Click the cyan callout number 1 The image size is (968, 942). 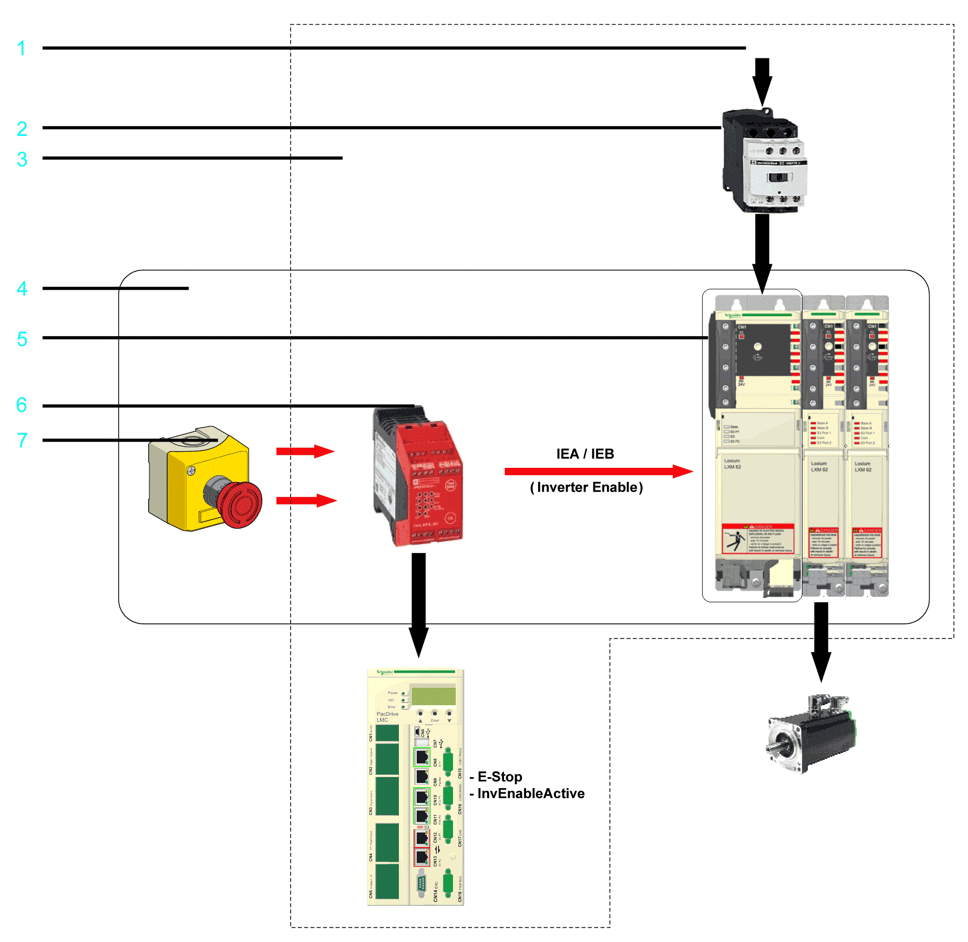coord(21,48)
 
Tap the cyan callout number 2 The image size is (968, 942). coord(22,129)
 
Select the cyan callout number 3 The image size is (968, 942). coord(22,159)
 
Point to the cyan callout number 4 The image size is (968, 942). coord(22,288)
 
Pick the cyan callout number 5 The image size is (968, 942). coord(22,339)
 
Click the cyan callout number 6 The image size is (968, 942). coord(21,405)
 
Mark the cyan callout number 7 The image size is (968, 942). coord(22,440)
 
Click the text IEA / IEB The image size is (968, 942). coord(585,454)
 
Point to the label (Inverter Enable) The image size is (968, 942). coord(586,487)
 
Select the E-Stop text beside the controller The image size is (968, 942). coord(499,777)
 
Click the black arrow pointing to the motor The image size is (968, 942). coord(821,641)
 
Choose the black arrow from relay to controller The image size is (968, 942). coord(419,604)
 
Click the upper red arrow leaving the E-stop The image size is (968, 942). coord(305,451)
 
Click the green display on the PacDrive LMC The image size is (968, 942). coord(434,696)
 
